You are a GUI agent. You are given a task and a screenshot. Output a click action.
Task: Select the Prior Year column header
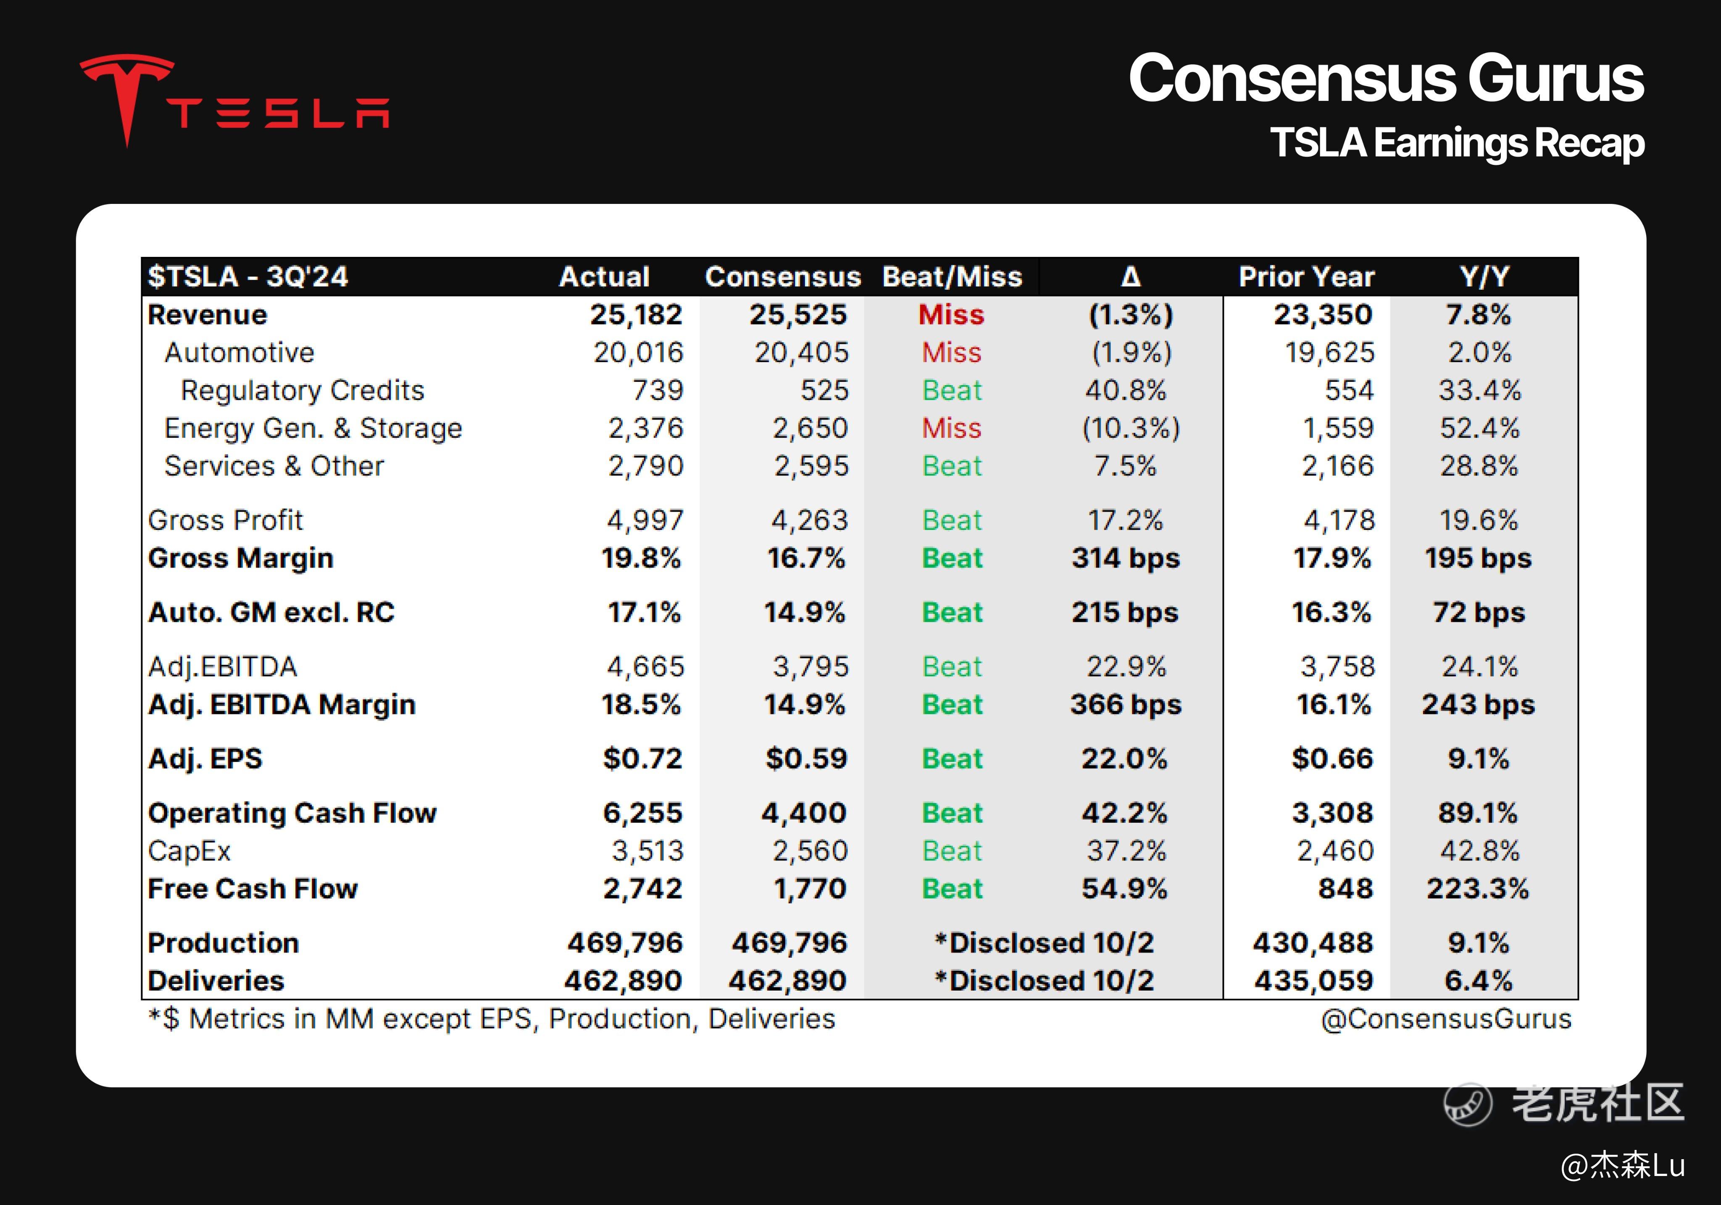[1306, 277]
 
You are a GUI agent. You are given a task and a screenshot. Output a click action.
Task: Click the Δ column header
[1130, 277]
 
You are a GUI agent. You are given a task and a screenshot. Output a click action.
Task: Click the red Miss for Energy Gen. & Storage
[951, 428]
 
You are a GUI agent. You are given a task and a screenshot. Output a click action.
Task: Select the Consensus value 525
[824, 391]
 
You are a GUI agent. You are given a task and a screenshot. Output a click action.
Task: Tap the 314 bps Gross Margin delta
[1125, 559]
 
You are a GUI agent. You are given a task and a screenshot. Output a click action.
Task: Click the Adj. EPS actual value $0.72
[642, 759]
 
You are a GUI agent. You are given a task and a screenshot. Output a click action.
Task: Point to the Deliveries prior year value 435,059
[1313, 981]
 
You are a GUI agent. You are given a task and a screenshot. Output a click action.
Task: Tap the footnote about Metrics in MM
[492, 1019]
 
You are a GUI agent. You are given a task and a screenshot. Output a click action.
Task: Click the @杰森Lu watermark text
[1622, 1165]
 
